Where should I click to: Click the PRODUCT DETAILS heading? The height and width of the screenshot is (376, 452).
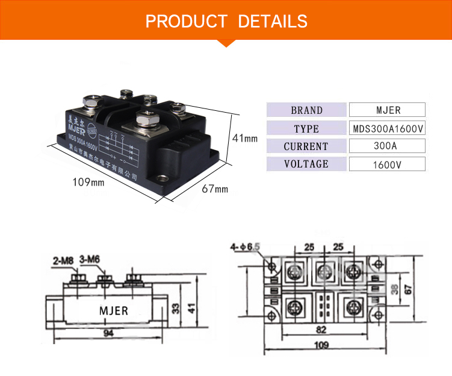[226, 21]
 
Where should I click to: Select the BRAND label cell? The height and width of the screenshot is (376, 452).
[306, 110]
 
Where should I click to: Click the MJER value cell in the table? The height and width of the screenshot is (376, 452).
[388, 110]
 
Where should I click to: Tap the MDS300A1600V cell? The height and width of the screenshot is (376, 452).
[388, 128]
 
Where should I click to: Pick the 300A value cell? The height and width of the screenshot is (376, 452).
[388, 146]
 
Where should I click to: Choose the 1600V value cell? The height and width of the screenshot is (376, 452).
[388, 164]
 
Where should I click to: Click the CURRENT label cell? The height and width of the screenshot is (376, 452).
[306, 146]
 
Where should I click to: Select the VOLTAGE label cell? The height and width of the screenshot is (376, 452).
[306, 164]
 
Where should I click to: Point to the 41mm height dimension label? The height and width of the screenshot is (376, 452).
[245, 138]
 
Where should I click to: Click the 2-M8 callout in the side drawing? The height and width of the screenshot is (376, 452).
[64, 260]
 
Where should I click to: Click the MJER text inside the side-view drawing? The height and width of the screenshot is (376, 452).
[113, 311]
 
